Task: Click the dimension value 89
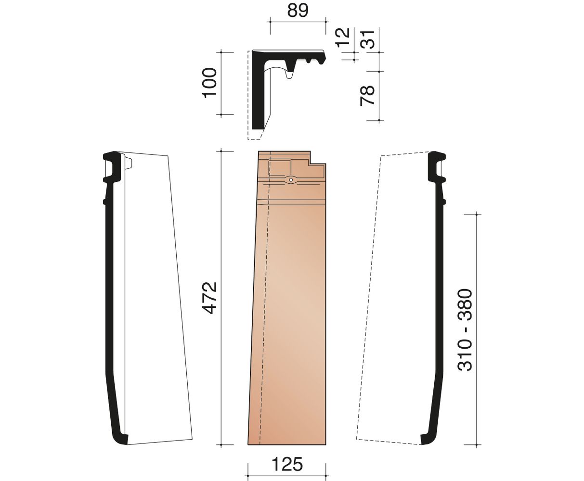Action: tap(298, 11)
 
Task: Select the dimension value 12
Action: tap(343, 37)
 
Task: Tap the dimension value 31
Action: tap(367, 39)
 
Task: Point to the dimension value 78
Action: tap(367, 96)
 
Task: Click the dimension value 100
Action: tap(210, 83)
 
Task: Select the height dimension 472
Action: tap(210, 298)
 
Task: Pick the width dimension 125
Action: tap(287, 448)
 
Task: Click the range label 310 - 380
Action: tap(465, 330)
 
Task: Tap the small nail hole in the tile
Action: tap(291, 180)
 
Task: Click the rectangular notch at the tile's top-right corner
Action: tap(318, 158)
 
